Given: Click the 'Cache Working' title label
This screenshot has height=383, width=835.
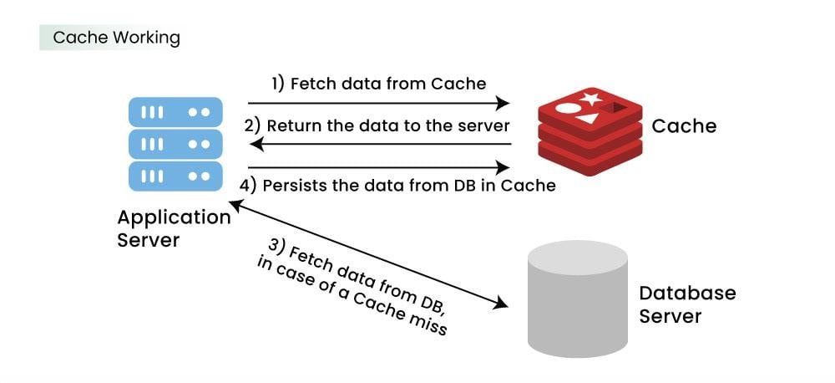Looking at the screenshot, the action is pos(117,38).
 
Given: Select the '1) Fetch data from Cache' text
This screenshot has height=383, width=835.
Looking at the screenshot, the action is pos(378,84).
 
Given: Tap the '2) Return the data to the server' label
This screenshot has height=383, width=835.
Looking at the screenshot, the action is pos(377,126).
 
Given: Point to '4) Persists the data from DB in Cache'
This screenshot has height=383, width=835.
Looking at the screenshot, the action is pos(397,185).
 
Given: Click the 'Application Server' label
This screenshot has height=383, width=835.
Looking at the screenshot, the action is pos(174,228).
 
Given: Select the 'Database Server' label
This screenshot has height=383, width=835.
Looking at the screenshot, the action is pos(687,304).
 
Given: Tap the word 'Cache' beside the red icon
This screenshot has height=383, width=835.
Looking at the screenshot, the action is pos(684,126).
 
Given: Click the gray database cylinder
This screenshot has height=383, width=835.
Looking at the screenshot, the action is pos(577,299).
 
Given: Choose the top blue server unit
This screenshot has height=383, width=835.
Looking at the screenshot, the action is pos(175,113).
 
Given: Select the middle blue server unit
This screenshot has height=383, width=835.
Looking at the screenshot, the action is pos(175,144).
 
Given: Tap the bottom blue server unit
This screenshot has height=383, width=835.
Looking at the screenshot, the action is pos(175,176).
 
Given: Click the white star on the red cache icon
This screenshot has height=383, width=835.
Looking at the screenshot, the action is pos(591,98).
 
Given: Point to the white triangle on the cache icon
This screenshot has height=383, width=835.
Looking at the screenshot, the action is pos(587,118).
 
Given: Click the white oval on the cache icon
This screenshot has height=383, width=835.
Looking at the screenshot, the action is pos(568,108).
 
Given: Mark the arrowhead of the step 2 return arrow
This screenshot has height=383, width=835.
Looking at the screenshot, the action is pos(256,144).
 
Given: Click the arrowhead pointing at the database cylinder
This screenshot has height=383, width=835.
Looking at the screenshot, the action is pos(500,304).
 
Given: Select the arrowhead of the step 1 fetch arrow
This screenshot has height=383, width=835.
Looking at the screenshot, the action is pos(502,102).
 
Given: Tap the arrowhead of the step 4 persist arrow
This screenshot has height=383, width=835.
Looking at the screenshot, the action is pos(502,167).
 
